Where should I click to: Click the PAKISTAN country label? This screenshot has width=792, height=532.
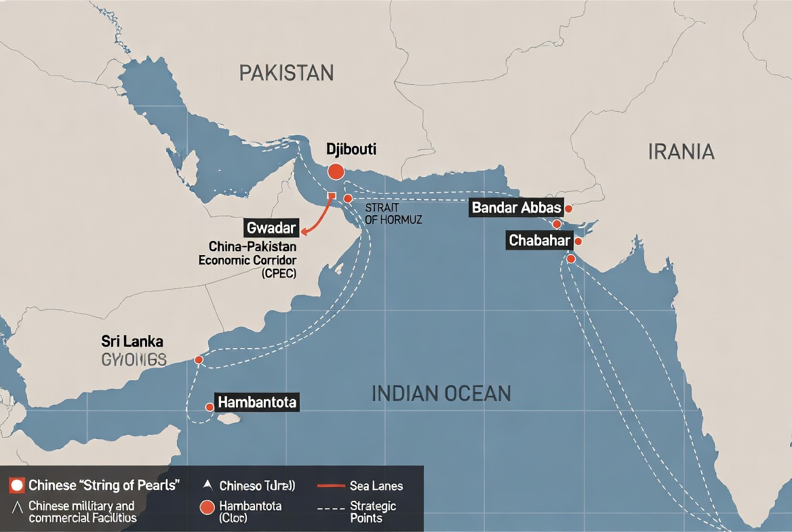[x=286, y=73]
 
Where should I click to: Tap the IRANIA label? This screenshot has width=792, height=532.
[x=681, y=151]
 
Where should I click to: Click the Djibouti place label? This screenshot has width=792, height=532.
[x=351, y=149]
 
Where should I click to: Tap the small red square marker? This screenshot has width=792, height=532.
[x=332, y=196]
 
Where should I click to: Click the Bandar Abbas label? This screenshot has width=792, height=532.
[x=517, y=208]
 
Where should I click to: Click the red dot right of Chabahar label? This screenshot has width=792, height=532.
[x=578, y=241]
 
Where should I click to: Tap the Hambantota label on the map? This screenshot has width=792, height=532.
[x=257, y=402]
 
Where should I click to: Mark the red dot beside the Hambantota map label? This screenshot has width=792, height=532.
[x=210, y=407]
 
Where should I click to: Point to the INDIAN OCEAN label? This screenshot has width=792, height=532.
[x=441, y=393]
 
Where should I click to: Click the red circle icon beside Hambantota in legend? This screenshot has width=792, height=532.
[x=207, y=506]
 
